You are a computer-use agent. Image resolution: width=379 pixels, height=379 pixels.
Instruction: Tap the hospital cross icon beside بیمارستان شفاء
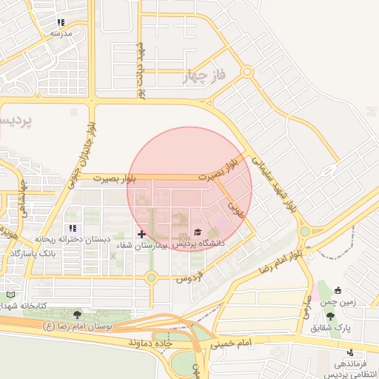141,234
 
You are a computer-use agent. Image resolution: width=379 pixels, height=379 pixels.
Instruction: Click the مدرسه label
61,34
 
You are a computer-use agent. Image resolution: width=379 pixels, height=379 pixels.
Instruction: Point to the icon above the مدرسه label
61,23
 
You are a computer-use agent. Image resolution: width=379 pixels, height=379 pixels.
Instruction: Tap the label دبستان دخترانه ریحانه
73,240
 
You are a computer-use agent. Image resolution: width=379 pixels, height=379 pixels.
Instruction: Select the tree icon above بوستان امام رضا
77,315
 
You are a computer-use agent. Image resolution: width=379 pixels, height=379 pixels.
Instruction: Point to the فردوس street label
189,279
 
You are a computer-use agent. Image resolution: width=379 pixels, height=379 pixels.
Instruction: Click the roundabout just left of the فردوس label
152,278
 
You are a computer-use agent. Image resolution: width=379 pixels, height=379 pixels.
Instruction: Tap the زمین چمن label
338,302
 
